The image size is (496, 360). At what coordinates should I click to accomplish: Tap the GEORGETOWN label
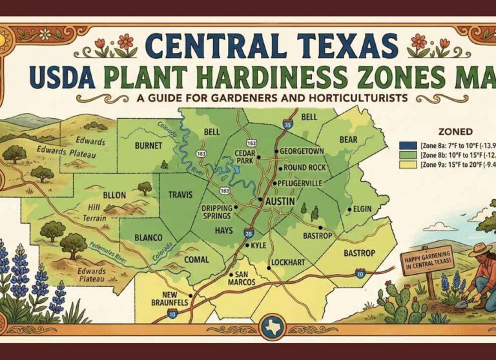(x=302, y=151)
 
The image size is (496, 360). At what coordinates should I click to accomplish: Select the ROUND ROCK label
(x=305, y=168)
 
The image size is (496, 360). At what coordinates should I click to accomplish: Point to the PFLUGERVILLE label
(x=299, y=184)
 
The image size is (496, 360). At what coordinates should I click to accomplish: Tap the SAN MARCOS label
(x=242, y=279)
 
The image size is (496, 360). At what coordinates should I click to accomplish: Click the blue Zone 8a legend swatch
(x=405, y=145)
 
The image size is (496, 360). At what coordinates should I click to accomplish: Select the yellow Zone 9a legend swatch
(x=405, y=165)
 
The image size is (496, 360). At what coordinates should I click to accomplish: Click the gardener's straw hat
(x=479, y=249)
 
